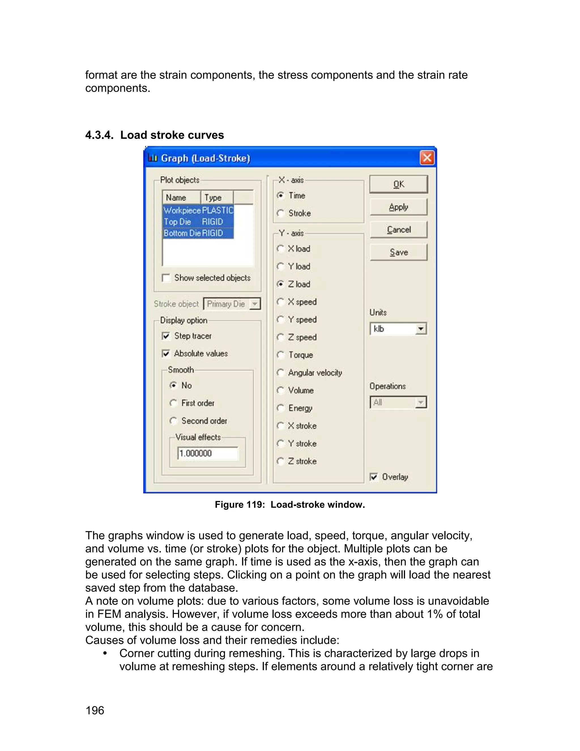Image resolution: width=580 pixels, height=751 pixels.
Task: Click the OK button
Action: pyautogui.click(x=398, y=184)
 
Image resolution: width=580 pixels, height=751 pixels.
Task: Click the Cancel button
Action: pyautogui.click(x=398, y=230)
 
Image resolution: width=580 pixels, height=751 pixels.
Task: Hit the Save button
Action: pyautogui.click(x=398, y=253)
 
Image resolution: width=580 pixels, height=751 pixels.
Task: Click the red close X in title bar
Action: pyautogui.click(x=427, y=158)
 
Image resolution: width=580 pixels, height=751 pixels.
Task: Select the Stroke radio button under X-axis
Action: pyautogui.click(x=281, y=213)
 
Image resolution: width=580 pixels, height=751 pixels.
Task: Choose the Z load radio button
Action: pyautogui.click(x=281, y=284)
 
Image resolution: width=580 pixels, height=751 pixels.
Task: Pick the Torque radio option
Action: pyautogui.click(x=281, y=355)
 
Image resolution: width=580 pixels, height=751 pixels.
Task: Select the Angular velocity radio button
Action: pyautogui.click(x=281, y=373)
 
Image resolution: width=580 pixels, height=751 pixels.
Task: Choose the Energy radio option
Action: pyautogui.click(x=281, y=408)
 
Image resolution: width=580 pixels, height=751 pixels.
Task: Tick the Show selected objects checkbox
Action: pyautogui.click(x=166, y=278)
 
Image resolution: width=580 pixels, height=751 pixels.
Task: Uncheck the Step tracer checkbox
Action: pyautogui.click(x=166, y=336)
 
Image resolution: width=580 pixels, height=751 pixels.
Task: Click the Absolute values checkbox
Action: pyautogui.click(x=166, y=353)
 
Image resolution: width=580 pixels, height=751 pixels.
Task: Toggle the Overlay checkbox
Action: pyautogui.click(x=374, y=477)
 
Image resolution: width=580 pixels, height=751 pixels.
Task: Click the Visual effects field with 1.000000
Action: pyautogui.click(x=207, y=453)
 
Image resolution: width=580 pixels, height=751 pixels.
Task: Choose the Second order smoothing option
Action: pyautogui.click(x=174, y=421)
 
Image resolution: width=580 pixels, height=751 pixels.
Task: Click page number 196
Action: pyautogui.click(x=95, y=710)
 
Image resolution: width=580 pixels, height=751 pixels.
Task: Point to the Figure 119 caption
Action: pyautogui.click(x=290, y=504)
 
